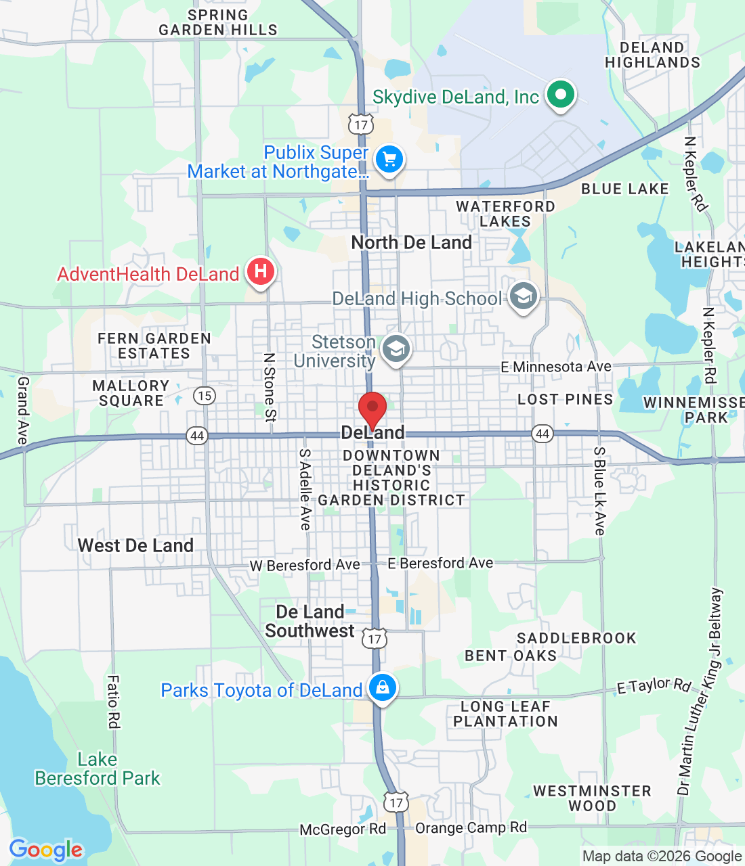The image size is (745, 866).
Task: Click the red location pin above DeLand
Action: point(372,409)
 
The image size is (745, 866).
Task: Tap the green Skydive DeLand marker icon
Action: point(560,95)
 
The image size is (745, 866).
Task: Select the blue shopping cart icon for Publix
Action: point(389,160)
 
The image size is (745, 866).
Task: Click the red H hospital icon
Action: point(260,272)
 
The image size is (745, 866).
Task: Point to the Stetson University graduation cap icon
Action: point(396,349)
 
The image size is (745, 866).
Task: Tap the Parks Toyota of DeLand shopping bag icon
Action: point(383,687)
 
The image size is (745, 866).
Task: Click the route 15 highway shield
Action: point(204,396)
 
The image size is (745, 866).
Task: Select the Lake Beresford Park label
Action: point(98,769)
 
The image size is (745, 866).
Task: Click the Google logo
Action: point(46,850)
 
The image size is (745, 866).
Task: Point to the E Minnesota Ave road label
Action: point(556,367)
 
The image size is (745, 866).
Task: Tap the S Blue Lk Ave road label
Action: point(599,491)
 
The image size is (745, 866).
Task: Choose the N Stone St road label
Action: point(270,387)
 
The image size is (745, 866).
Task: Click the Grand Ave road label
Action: point(23,411)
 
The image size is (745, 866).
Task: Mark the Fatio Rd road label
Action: point(113,702)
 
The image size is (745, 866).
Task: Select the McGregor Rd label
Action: point(343,829)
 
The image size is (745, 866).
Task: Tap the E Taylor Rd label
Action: point(654,686)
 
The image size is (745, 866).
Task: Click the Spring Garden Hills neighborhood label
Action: point(218,22)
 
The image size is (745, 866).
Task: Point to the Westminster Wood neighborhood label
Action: point(592,798)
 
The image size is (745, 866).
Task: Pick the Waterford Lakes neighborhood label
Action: point(505,214)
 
